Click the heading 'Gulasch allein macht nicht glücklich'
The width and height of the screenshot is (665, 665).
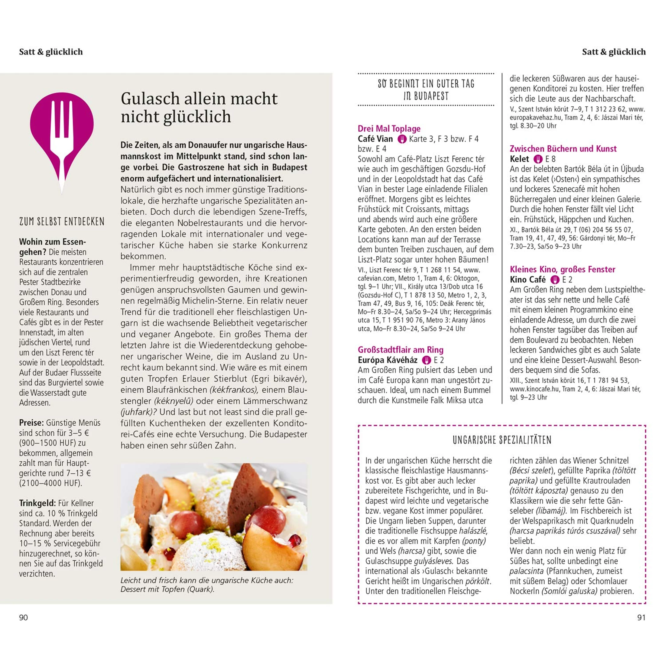[199, 107]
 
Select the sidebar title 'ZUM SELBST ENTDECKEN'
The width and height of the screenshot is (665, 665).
[62, 221]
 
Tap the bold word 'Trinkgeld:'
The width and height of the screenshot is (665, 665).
[37, 503]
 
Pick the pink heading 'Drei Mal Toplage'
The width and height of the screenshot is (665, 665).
[389, 128]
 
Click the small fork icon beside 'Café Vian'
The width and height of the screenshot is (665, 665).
[402, 139]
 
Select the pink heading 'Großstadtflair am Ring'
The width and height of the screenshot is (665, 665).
[400, 350]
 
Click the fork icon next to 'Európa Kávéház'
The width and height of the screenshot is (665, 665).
[427, 360]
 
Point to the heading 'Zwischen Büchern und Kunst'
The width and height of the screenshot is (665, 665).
[563, 149]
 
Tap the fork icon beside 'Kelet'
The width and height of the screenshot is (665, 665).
[538, 159]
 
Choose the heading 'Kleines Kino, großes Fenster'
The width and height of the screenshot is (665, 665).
[563, 269]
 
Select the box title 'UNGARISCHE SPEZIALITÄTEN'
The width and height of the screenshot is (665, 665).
[502, 440]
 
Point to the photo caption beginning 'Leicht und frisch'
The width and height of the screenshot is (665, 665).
[206, 585]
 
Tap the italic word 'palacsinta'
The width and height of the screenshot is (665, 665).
[526, 571]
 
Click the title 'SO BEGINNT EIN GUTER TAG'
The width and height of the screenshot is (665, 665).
[426, 84]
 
